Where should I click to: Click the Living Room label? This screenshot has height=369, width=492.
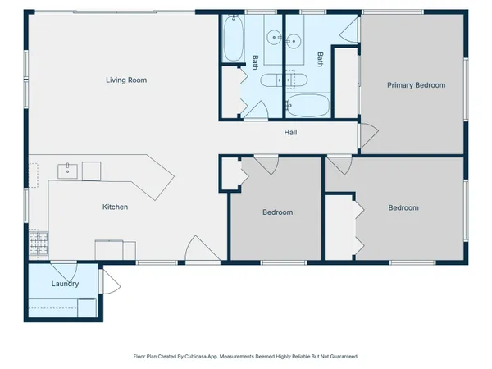[x=131, y=80]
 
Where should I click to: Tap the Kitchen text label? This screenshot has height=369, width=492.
[x=115, y=207]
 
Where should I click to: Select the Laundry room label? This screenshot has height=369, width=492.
[x=65, y=285]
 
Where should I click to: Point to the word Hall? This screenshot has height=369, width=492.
[x=290, y=133]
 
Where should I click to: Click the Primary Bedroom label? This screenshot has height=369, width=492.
[x=416, y=85]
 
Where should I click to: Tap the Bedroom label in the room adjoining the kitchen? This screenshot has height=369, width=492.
[x=277, y=212]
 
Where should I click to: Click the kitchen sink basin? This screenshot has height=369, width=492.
[x=67, y=171]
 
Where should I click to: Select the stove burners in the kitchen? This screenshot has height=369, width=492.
[x=39, y=243]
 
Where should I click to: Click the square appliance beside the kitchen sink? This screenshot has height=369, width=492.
[x=91, y=171]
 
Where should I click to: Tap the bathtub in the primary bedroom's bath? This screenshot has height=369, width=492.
[x=307, y=106]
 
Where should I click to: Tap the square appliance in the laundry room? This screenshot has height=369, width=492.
[x=87, y=308]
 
